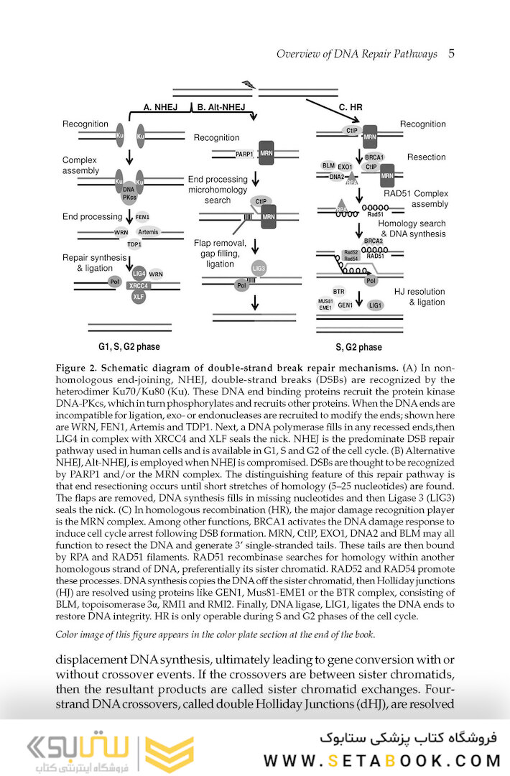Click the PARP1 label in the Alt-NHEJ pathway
(x=225, y=154)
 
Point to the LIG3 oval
(x=259, y=269)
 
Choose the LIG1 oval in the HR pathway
(x=375, y=305)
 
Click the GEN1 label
(x=346, y=305)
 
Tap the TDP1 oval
(x=134, y=244)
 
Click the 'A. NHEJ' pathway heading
(x=160, y=107)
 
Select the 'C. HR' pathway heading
(x=351, y=107)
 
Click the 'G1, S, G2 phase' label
(x=129, y=347)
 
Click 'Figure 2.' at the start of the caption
(x=77, y=368)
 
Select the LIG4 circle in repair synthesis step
(x=138, y=274)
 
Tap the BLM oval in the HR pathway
(x=329, y=165)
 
